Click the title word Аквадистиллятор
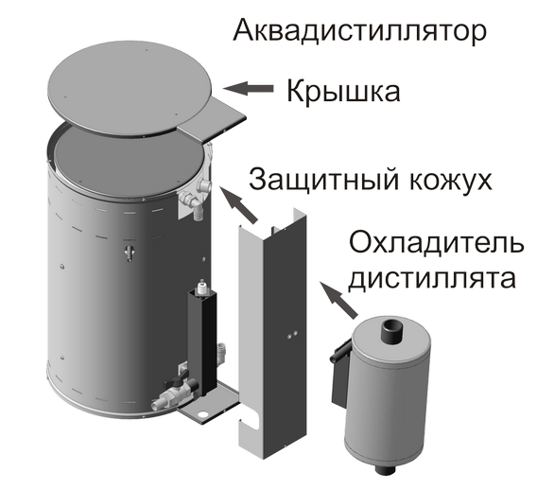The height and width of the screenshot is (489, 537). click(359, 31)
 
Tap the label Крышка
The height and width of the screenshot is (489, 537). click(343, 92)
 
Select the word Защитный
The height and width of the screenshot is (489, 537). click(323, 180)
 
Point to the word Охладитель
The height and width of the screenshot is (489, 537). click(436, 243)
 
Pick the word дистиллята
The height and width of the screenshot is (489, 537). click(431, 278)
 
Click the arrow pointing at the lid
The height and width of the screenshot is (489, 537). click(249, 89)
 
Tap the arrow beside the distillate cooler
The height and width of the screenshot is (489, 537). click(338, 300)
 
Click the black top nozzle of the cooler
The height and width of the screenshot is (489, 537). click(390, 330)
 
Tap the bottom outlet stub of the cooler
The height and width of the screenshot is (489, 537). click(387, 468)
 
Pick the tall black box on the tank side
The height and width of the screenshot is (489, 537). click(202, 340)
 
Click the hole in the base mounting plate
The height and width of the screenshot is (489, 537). click(202, 414)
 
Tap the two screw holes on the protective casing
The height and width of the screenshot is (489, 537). click(292, 335)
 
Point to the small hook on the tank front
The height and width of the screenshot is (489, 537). click(130, 253)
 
